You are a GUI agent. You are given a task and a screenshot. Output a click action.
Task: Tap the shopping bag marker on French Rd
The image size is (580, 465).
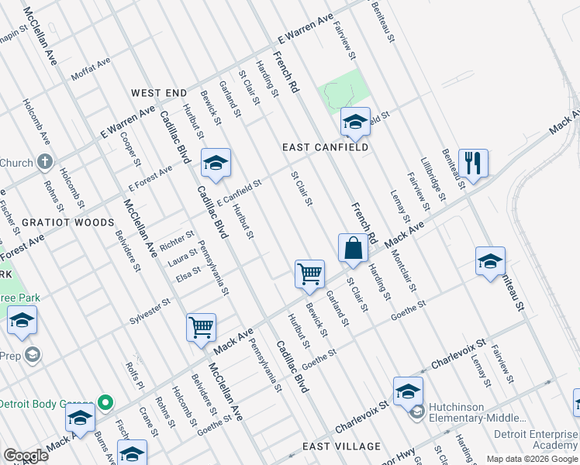tap(353, 249)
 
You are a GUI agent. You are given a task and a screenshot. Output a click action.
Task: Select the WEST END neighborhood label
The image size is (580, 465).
tap(159, 93)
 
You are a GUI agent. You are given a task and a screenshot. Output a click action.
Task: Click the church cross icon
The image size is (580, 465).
tap(46, 162)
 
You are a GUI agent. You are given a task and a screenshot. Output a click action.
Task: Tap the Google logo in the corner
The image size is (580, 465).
tap(25, 456)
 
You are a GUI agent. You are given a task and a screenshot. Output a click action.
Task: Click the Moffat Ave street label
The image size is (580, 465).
tap(91, 74)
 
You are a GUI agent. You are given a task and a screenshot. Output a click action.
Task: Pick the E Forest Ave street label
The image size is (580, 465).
tap(150, 179)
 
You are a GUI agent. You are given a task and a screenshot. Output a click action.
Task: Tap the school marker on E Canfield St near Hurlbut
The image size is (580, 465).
tap(216, 163)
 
